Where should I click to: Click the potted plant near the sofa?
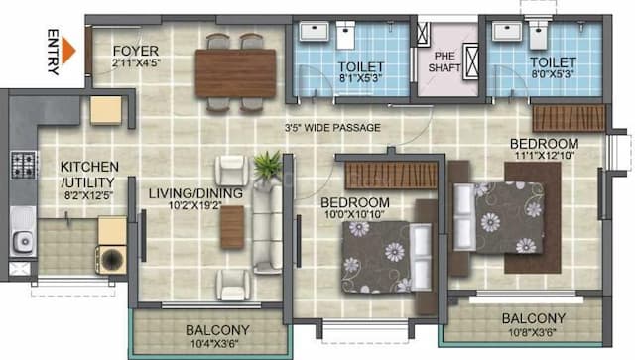[266, 165]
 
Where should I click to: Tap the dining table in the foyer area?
[235, 72]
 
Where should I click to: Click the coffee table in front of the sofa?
[231, 227]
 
